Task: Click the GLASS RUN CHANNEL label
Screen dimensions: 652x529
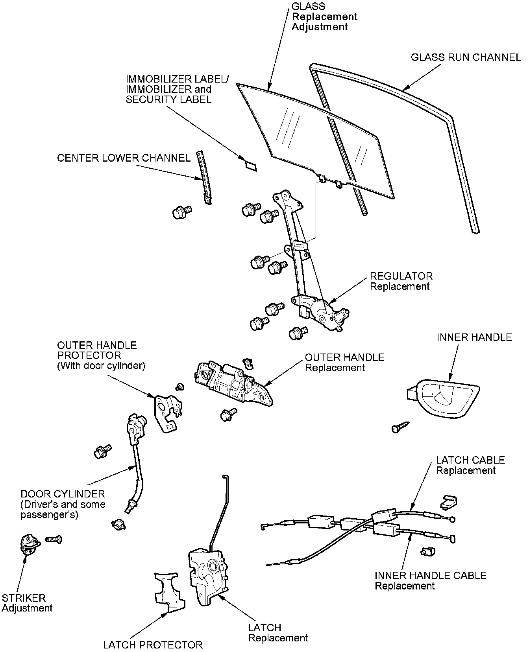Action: pos(466,57)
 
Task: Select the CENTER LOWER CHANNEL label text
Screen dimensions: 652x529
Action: pos(124,158)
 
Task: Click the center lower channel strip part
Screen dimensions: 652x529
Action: pos(203,177)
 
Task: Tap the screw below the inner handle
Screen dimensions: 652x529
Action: pos(400,427)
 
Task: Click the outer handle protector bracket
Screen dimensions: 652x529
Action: pos(167,413)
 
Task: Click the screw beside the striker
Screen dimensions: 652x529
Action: pos(54,539)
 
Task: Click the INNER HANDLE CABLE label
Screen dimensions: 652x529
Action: pos(430,576)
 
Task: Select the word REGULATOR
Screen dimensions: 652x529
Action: pos(401,276)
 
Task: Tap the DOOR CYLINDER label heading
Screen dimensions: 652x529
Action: pos(63,494)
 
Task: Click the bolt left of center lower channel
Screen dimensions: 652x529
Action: pos(181,212)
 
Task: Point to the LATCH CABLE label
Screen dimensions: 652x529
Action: pos(470,460)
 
